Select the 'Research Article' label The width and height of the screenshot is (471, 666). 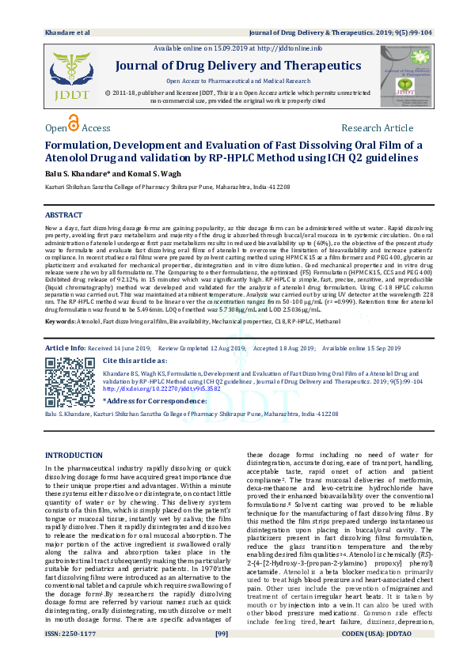pyautogui.click(x=377, y=128)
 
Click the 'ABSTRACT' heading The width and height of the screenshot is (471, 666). pyautogui.click(x=63, y=215)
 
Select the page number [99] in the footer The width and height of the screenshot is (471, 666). pyautogui.click(x=222, y=656)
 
